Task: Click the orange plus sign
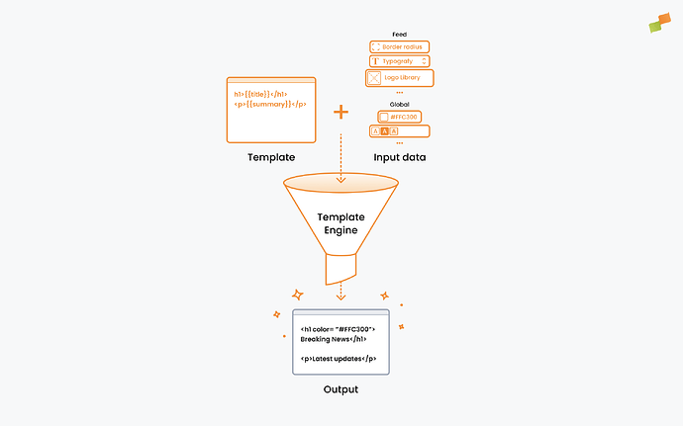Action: pos(341,112)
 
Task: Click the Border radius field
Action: pos(399,46)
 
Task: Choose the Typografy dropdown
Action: pos(399,61)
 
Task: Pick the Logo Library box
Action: pos(399,77)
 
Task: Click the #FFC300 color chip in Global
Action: pos(399,117)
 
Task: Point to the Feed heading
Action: pos(399,34)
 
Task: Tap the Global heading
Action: pos(399,104)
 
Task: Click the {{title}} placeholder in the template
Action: pos(259,94)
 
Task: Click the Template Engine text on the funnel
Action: pos(341,222)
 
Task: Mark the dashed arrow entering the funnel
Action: pos(341,158)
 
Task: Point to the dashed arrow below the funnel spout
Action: pos(341,291)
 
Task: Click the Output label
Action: pos(341,389)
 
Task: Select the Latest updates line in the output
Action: pos(339,358)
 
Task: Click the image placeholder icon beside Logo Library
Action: pos(374,77)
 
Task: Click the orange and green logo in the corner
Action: pos(661,21)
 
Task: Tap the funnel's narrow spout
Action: pos(341,268)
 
